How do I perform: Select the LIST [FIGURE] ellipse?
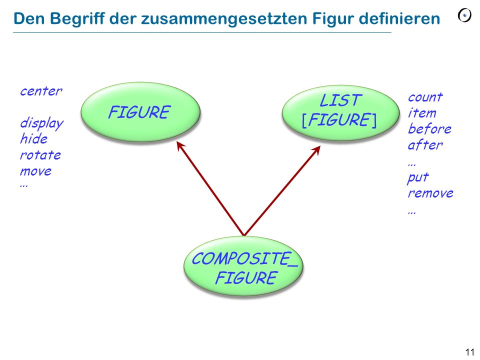pyautogui.click(x=340, y=112)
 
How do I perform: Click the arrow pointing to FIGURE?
pyautogui.click(x=210, y=188)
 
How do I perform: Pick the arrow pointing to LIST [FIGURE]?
pyautogui.click(x=282, y=190)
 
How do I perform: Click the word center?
pyautogui.click(x=41, y=91)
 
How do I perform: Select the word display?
pyautogui.click(x=41, y=123)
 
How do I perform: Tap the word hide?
pyautogui.click(x=33, y=138)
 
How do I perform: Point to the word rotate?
pyautogui.click(x=40, y=155)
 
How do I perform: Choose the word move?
pyautogui.click(x=36, y=171)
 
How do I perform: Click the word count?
pyautogui.click(x=425, y=97)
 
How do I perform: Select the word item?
pyautogui.click(x=422, y=112)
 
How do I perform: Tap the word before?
pyautogui.click(x=429, y=128)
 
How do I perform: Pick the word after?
pyautogui.click(x=425, y=144)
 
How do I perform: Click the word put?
pyautogui.click(x=418, y=177)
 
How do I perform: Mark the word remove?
pyautogui.click(x=430, y=193)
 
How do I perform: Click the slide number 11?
pyautogui.click(x=470, y=352)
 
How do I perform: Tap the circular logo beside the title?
pyautogui.click(x=464, y=15)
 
